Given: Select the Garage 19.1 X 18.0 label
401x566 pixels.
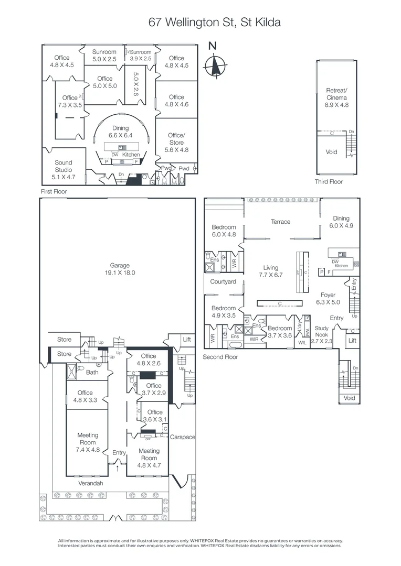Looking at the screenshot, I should tap(120, 269).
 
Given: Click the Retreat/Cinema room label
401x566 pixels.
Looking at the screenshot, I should tap(336, 97).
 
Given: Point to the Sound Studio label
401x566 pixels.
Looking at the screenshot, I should tap(64, 170).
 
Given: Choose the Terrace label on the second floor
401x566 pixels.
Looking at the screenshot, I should tap(280, 222).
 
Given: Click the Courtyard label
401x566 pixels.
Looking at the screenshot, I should tap(223, 281).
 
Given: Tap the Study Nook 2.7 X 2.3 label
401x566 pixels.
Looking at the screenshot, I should tap(321, 334).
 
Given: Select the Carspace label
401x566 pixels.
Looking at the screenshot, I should tap(182, 437).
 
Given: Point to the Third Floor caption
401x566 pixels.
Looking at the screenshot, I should tap(329, 181).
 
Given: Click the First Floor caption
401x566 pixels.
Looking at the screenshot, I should tap(54, 192).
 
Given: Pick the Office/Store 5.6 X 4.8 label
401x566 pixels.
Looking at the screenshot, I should tap(176, 142).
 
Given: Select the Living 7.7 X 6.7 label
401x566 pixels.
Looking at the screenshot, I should tap(271, 271).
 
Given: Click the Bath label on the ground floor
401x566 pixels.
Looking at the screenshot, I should tap(92, 373).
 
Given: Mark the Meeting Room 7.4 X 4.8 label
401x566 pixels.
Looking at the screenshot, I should tap(88, 442).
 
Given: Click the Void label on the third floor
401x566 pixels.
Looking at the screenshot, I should tap(332, 152).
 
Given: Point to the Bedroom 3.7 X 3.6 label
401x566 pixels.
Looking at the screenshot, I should tap(280, 332).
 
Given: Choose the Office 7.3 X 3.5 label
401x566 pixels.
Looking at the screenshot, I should tap(69, 101).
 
